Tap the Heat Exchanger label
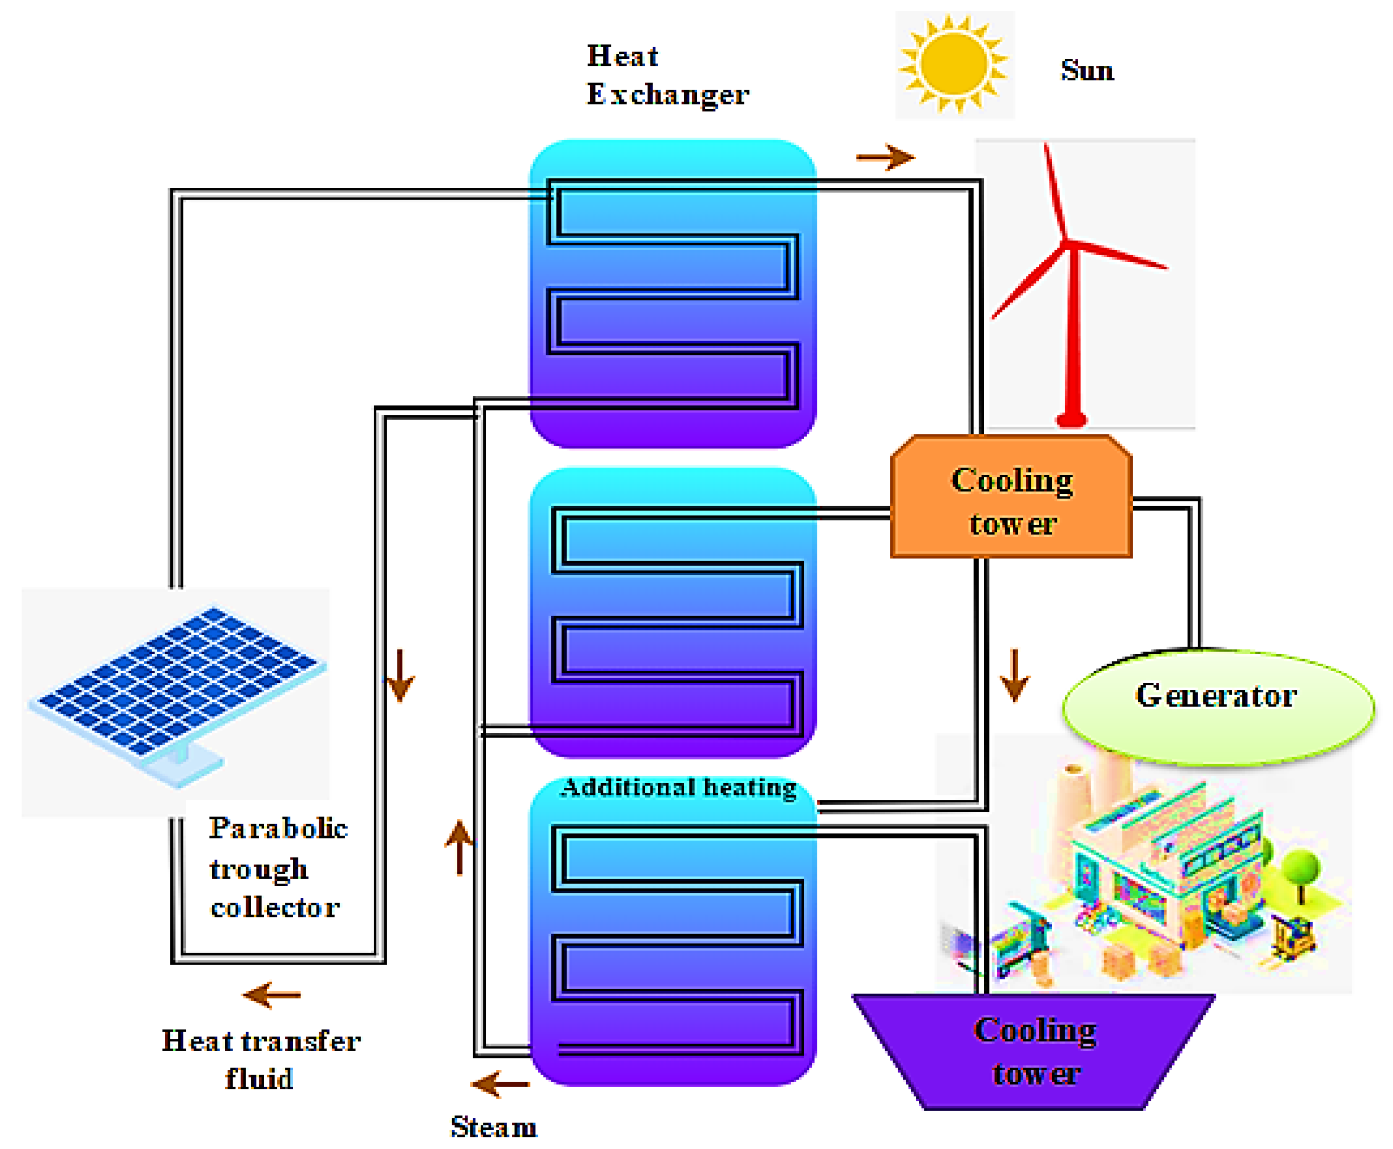pos(667,75)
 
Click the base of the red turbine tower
pos(1070,419)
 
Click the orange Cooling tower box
pos(1011,496)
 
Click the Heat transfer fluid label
pos(261,1060)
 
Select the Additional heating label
pos(678,788)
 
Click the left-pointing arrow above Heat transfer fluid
pos(271,994)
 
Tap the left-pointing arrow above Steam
pos(500,1084)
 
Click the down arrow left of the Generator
pos(1014,675)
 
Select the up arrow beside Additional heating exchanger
pos(459,848)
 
